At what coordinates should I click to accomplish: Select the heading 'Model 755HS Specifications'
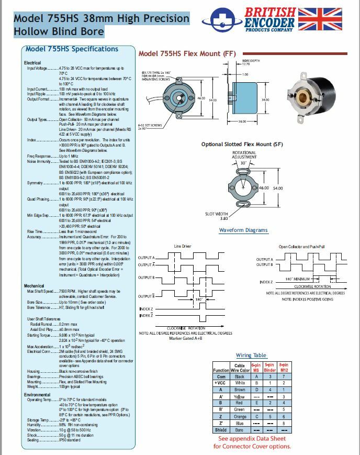pos(72,49)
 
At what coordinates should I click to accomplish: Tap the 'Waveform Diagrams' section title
pos(243,230)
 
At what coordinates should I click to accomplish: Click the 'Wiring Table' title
pos(251,356)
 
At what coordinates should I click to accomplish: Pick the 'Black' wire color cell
pos(240,376)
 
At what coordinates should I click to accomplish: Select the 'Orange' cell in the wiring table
pos(240,416)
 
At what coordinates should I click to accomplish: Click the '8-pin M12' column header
pos(283,368)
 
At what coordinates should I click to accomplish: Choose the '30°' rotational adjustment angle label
pos(243,163)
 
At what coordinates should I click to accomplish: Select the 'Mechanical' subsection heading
pos(34,286)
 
